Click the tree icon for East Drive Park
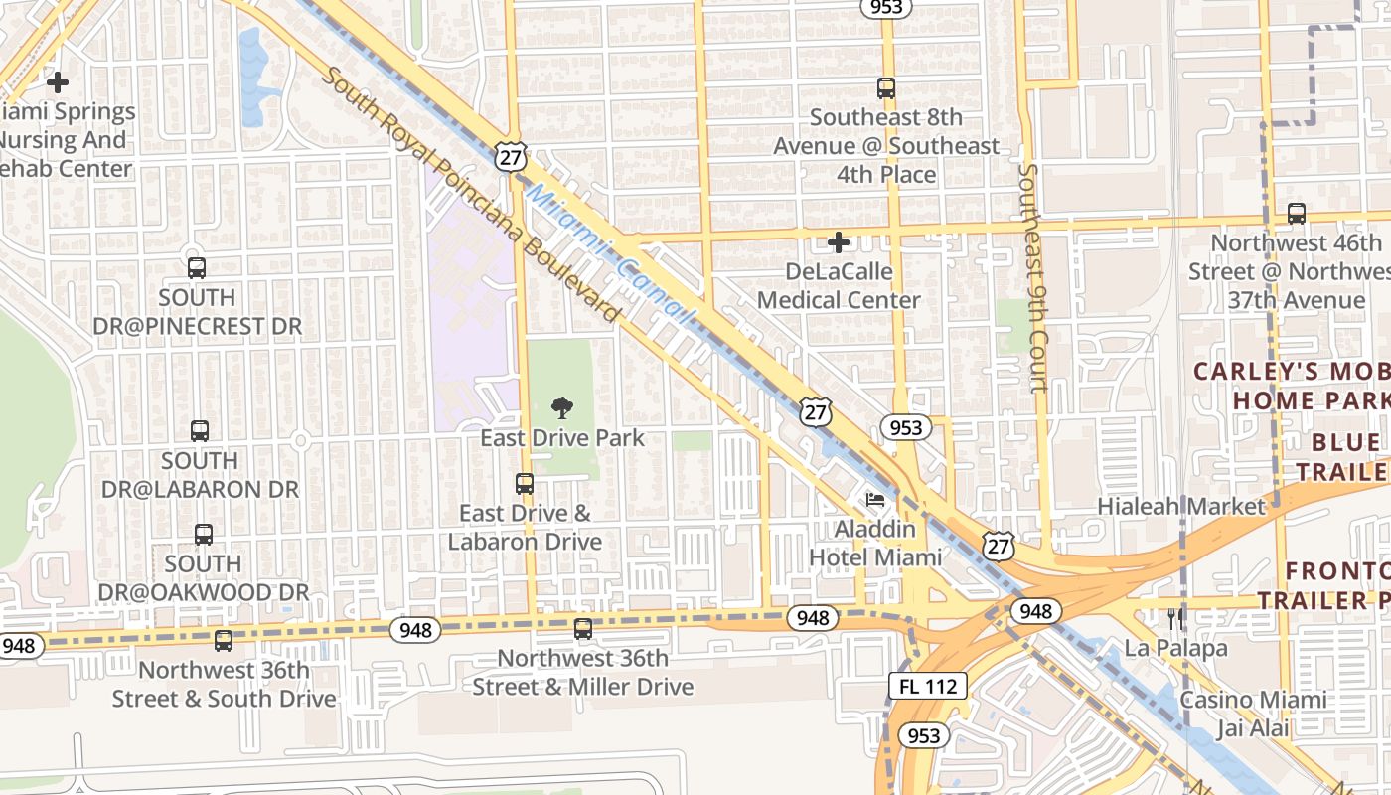pos(561,407)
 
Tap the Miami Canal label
pos(607,252)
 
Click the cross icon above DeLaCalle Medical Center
pos(839,242)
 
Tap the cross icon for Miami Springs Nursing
pos(58,82)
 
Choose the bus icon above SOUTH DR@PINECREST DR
pos(197,267)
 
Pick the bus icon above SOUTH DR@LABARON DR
pos(200,431)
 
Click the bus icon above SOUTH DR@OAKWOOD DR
pos(204,534)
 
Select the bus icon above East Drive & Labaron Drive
pos(525,484)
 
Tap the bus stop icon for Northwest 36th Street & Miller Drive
pos(583,628)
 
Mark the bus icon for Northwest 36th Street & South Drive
pos(224,641)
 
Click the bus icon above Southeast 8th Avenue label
pos(886,88)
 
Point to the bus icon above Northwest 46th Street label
pos(1297,214)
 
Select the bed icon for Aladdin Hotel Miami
pos(875,499)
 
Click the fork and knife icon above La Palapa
pos(1176,619)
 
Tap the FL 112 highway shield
pos(927,686)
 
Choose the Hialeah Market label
pos(1181,506)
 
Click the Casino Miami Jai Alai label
pos(1253,714)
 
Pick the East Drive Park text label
pos(562,438)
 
